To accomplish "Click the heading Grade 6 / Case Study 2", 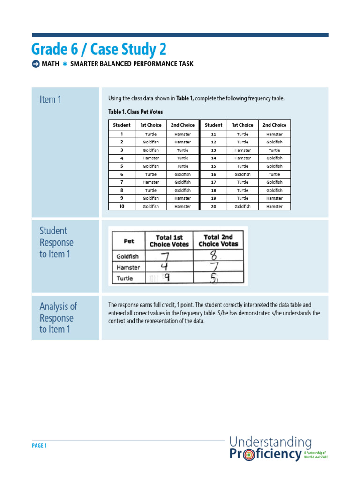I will pos(99,49).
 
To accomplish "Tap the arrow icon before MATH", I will pos(36,64).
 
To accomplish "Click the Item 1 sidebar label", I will pos(50,99).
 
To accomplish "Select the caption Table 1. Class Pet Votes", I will pos(135,112).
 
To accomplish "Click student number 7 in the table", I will pos(122,182).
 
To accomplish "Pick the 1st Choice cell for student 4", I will pos(151,158).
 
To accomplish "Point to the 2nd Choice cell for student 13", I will pos(274,150).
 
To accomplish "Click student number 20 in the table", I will pos(214,207).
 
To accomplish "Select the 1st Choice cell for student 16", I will pos(242,174).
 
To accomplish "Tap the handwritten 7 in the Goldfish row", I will pos(165,256).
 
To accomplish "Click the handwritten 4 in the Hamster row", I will pos(165,267).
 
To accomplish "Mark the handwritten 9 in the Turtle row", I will pos(166,278).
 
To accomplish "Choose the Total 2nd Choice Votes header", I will pos(218,240).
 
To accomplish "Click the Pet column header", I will pos(128,241).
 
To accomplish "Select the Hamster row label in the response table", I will pos(128,267).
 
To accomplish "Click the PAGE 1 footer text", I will pos(39,446).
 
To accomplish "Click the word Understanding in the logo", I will pos(270,442).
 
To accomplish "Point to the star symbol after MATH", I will pos(65,64).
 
